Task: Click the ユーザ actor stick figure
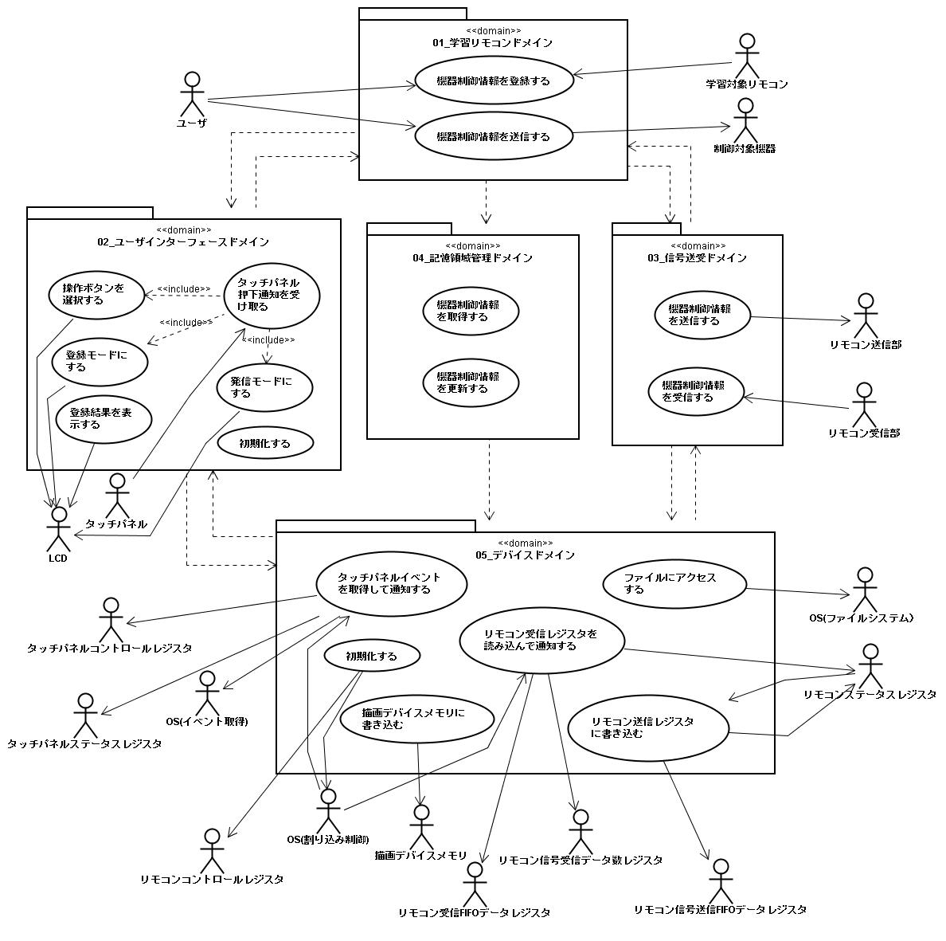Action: tap(190, 94)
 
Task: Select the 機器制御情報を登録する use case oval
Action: tap(494, 80)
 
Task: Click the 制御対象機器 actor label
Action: tap(745, 149)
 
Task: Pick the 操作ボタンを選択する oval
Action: tap(96, 295)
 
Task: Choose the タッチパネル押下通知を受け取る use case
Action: tap(272, 295)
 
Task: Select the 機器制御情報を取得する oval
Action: tap(471, 311)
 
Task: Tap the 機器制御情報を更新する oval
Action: tap(471, 382)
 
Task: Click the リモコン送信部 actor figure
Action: tap(864, 316)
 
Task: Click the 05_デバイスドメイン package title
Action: tap(526, 555)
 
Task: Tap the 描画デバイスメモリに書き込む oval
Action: tap(417, 719)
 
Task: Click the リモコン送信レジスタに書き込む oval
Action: tap(648, 727)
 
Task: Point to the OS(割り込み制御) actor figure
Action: tap(327, 810)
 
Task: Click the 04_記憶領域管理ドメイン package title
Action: tap(473, 258)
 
